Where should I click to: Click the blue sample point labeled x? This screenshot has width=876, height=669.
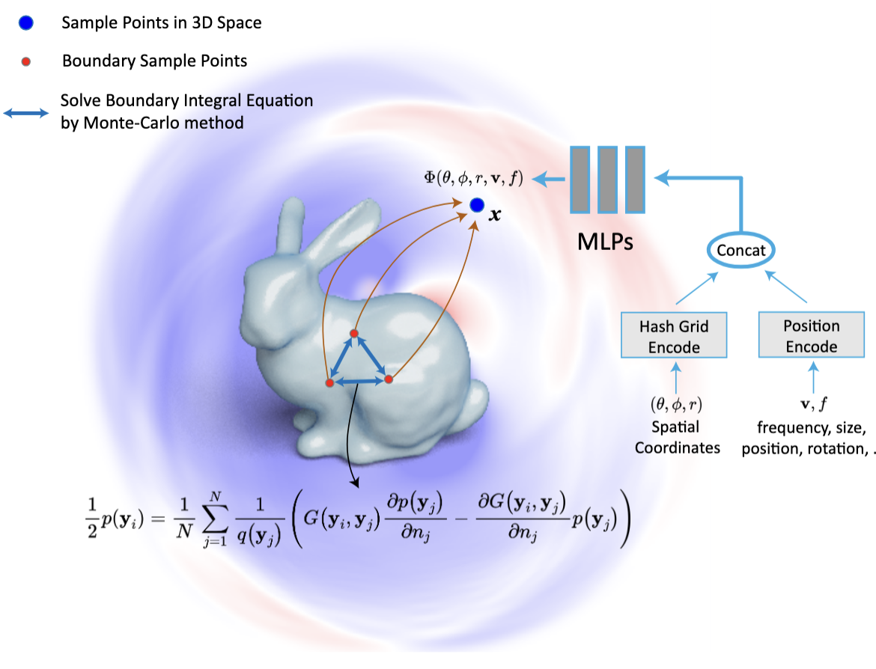(x=476, y=206)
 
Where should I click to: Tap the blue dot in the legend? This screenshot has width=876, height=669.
(x=25, y=23)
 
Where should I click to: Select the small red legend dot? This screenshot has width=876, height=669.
(x=25, y=61)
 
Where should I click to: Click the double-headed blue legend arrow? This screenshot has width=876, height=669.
(x=26, y=113)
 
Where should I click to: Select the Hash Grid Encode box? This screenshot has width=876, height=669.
(x=674, y=335)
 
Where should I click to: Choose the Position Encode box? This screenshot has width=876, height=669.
(x=811, y=334)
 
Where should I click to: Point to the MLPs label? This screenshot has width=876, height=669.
(x=605, y=242)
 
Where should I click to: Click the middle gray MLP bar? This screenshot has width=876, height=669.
(x=607, y=180)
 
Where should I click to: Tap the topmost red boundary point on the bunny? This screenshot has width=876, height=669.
(x=353, y=334)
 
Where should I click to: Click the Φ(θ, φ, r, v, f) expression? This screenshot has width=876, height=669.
(x=473, y=178)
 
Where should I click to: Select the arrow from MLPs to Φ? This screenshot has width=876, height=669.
(x=548, y=180)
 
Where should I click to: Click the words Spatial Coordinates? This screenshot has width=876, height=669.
(x=677, y=437)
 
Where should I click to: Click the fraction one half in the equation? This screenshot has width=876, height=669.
(x=92, y=518)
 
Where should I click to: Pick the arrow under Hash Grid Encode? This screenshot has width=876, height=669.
(x=676, y=378)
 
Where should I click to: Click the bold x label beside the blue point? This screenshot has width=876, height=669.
(x=495, y=215)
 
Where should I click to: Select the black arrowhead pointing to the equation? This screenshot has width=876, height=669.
(x=355, y=482)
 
